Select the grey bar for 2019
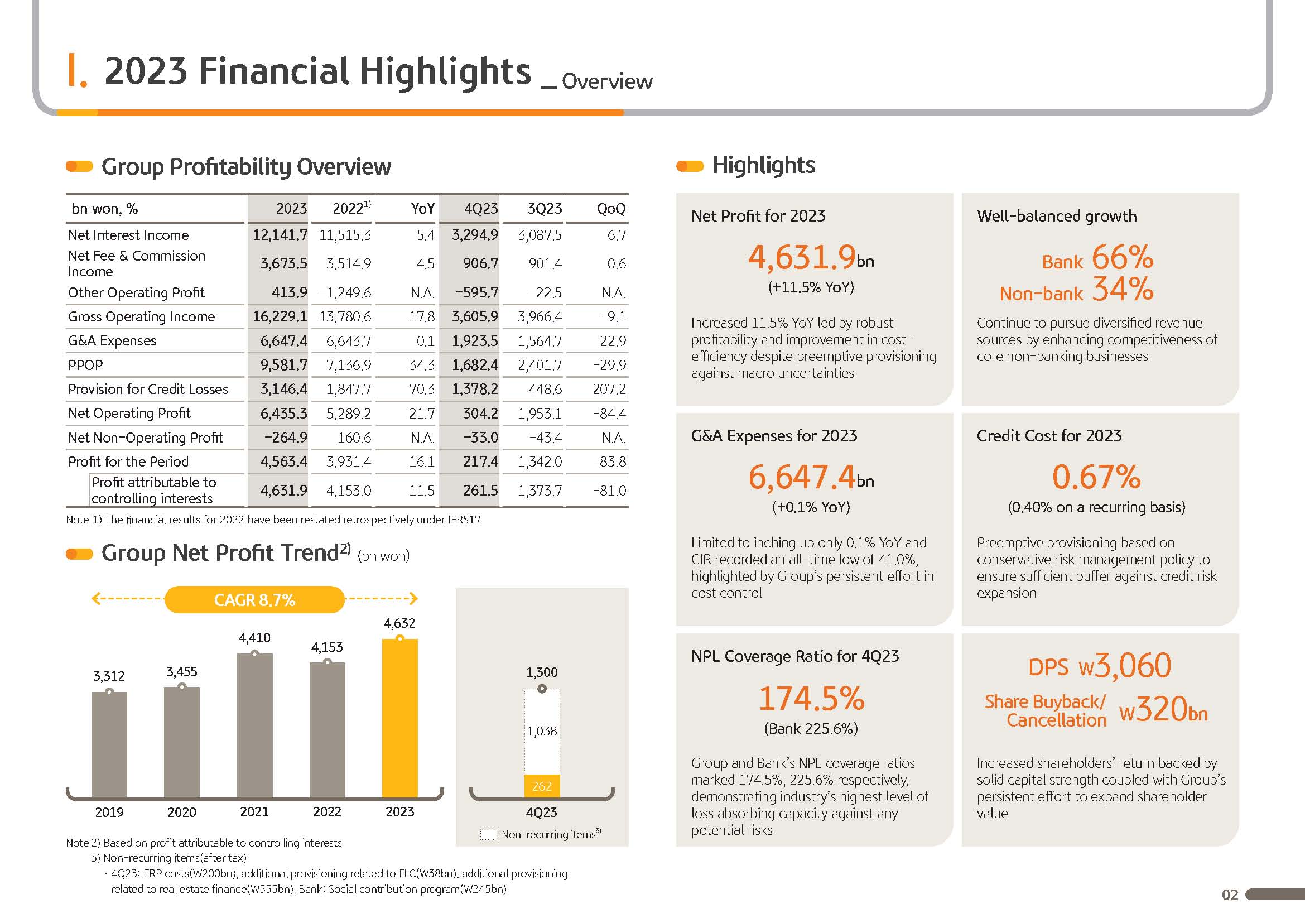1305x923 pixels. point(109,744)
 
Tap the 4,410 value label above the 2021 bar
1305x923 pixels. point(254,638)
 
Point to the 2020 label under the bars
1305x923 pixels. point(182,812)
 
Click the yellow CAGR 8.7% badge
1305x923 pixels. point(254,599)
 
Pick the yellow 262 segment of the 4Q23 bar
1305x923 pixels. point(542,786)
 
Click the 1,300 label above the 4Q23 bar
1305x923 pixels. point(542,672)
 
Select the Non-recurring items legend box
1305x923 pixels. point(489,834)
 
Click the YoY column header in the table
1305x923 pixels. point(422,209)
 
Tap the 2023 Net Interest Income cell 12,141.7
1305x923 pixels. point(280,235)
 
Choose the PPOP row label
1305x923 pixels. point(85,365)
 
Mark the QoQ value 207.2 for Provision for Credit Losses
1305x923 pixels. point(609,389)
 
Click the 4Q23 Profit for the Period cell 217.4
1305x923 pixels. point(480,461)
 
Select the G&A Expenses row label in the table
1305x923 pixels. point(112,340)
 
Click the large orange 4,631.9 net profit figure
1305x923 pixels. point(801,257)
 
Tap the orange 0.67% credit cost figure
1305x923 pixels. point(1096,476)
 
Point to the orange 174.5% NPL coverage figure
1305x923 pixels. point(811,698)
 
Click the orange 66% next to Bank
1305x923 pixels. point(1123,257)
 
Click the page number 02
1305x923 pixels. point(1230,895)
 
